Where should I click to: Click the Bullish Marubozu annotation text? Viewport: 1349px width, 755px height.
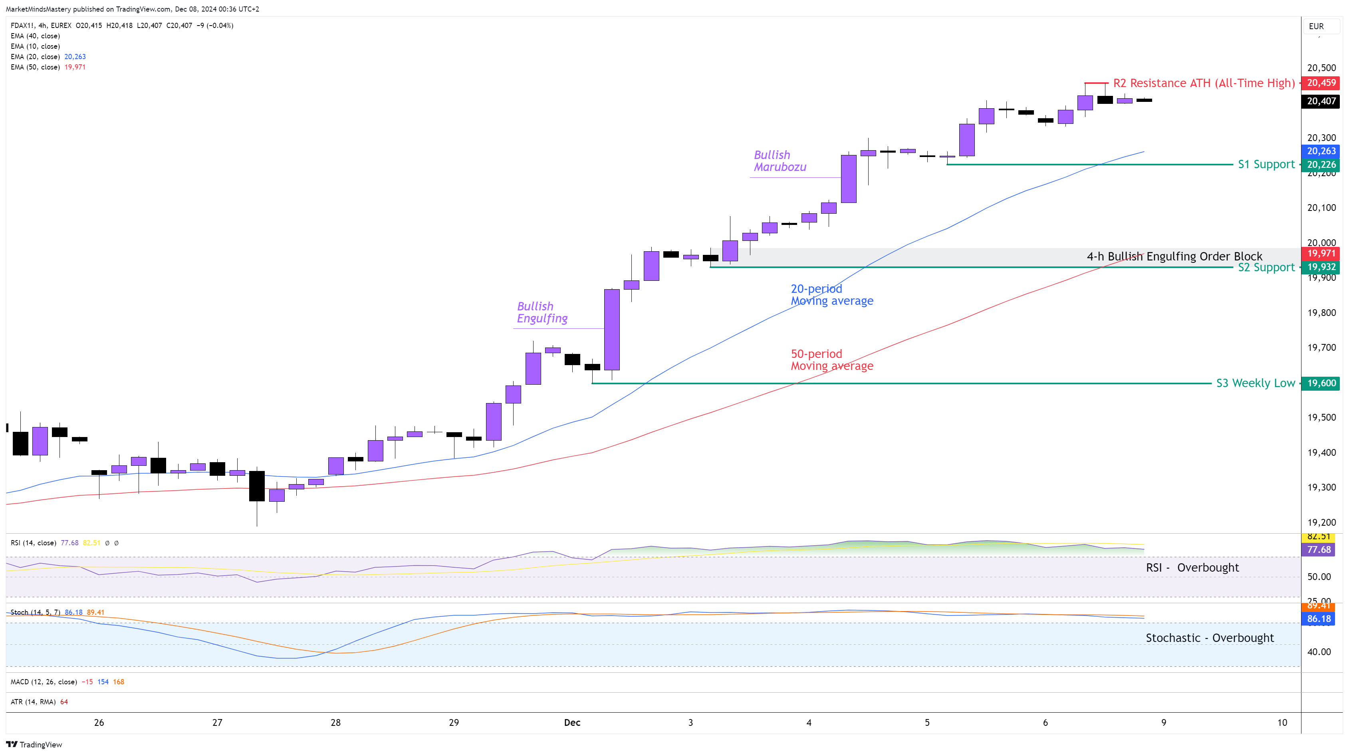click(780, 161)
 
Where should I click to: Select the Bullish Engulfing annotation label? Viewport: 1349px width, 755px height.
click(542, 312)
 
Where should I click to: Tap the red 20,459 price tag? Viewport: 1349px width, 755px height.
click(1321, 83)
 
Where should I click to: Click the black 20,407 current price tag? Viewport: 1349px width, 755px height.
click(1321, 101)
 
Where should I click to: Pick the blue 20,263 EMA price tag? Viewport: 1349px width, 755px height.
click(1321, 151)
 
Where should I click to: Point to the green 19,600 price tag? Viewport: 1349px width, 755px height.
click(1321, 383)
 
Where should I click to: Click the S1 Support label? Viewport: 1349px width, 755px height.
click(1266, 165)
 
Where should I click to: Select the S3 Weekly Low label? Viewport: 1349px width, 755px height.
click(1255, 383)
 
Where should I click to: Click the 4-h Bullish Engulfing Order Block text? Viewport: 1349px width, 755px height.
click(1174, 256)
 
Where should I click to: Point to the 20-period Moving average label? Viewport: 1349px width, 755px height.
click(831, 294)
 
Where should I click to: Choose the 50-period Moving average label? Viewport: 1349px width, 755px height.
click(831, 360)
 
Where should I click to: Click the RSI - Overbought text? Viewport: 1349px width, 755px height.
click(1192, 567)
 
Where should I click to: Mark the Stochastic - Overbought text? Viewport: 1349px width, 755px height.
click(1209, 638)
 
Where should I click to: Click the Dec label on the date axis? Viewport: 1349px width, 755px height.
click(572, 723)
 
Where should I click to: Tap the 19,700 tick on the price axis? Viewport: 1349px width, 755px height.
click(1321, 348)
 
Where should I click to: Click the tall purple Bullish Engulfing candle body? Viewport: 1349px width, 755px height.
click(612, 330)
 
